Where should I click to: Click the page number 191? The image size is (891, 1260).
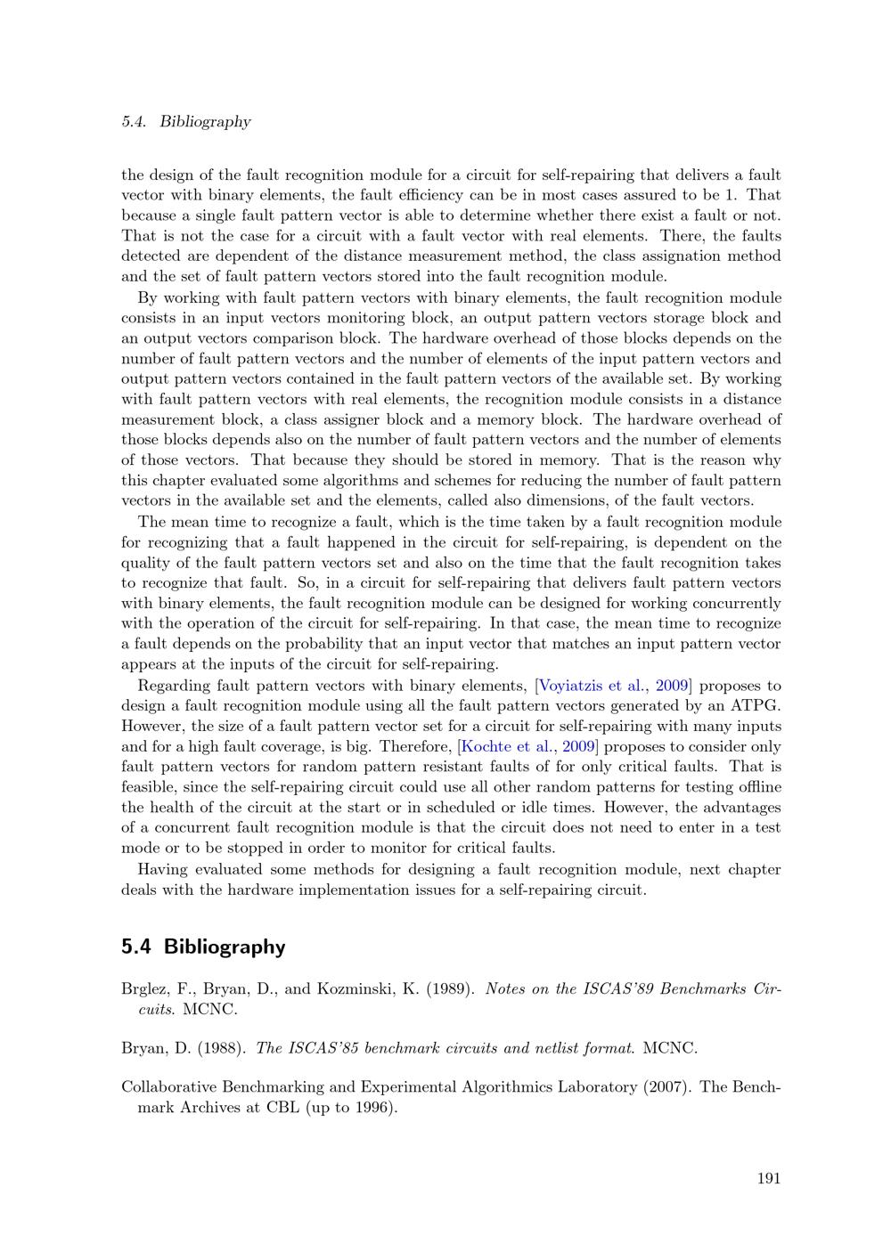coord(769,1178)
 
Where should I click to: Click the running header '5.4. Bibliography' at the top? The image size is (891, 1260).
coord(185,122)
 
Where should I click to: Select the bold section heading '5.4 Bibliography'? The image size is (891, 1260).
coord(203,947)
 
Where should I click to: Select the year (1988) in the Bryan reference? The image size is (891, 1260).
coord(221,1048)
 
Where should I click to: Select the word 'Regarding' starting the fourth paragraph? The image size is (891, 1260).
coord(174,686)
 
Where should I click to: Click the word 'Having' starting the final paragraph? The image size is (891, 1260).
coord(162,869)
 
